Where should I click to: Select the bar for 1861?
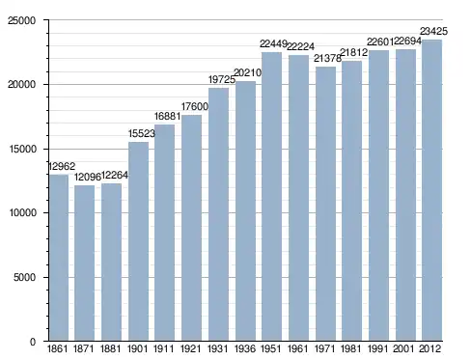(x=59, y=258)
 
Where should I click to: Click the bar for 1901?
(x=138, y=241)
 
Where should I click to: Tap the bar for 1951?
(x=271, y=197)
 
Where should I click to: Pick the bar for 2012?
(x=431, y=190)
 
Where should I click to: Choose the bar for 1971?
(x=325, y=204)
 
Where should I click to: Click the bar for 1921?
(x=191, y=228)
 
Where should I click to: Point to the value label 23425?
(x=433, y=31)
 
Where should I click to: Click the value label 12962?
(x=62, y=166)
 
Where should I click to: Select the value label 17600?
(x=195, y=106)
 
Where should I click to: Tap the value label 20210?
(x=248, y=73)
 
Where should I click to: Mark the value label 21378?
(x=327, y=58)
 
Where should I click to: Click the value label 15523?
(x=142, y=133)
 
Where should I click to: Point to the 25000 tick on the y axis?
(x=21, y=20)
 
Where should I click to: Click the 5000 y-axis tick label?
(x=24, y=277)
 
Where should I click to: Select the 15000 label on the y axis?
(x=21, y=149)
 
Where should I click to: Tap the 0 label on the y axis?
(x=33, y=342)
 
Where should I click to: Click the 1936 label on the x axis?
(x=245, y=348)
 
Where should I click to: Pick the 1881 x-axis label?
(x=110, y=348)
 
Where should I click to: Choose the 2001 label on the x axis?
(x=403, y=348)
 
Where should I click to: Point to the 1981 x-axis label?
(x=351, y=348)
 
